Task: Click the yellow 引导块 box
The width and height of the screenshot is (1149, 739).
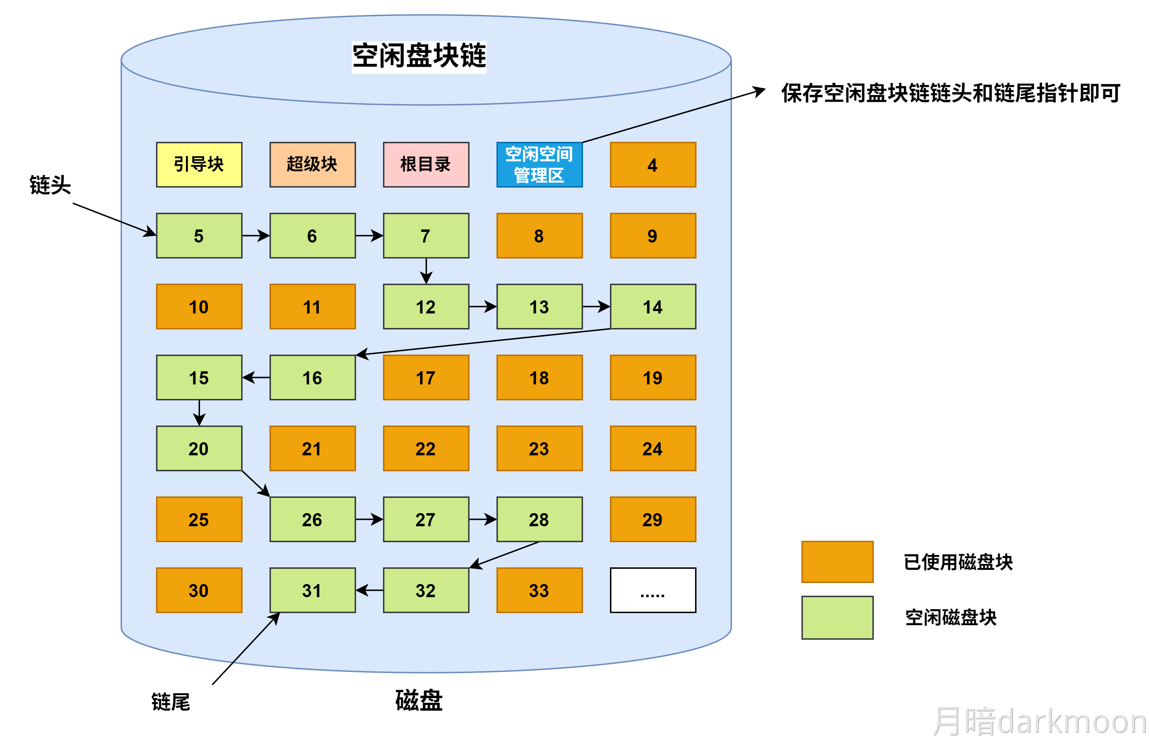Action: [199, 165]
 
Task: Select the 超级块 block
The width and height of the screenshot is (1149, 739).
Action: [312, 165]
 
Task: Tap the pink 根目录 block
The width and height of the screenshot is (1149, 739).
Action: [426, 165]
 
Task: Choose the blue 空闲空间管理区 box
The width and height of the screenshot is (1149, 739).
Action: [539, 165]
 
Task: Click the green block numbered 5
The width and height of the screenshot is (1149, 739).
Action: [199, 235]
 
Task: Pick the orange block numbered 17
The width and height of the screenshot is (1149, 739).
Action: [426, 378]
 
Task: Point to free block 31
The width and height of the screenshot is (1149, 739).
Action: [312, 590]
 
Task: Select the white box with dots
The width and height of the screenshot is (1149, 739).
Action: [653, 590]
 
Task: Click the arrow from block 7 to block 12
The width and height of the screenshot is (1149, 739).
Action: [426, 271]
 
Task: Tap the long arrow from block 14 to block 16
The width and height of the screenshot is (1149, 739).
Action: [484, 342]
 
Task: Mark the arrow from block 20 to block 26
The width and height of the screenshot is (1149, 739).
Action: [256, 484]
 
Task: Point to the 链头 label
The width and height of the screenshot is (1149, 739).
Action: [50, 185]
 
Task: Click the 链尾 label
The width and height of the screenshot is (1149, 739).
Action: [171, 702]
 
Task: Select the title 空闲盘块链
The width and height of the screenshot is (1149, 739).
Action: [419, 56]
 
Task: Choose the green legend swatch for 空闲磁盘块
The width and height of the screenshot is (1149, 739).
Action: [837, 618]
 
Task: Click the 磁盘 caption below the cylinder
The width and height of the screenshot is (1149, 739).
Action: [419, 701]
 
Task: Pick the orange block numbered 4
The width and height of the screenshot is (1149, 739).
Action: [653, 165]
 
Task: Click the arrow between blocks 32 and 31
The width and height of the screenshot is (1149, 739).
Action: [370, 590]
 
